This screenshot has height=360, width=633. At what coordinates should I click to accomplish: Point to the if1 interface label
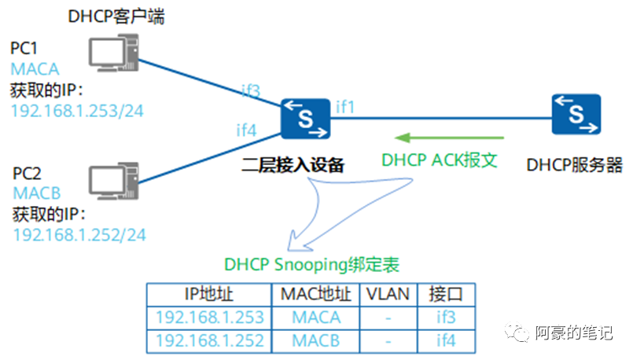tap(346, 105)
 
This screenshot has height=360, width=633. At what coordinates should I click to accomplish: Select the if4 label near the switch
tap(247, 129)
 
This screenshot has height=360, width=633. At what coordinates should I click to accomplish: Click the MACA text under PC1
tap(35, 68)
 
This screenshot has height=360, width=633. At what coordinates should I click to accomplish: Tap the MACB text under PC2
tap(35, 193)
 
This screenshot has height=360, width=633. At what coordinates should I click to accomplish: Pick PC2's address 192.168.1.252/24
tap(79, 234)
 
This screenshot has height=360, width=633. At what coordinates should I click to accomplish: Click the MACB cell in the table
tap(316, 341)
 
